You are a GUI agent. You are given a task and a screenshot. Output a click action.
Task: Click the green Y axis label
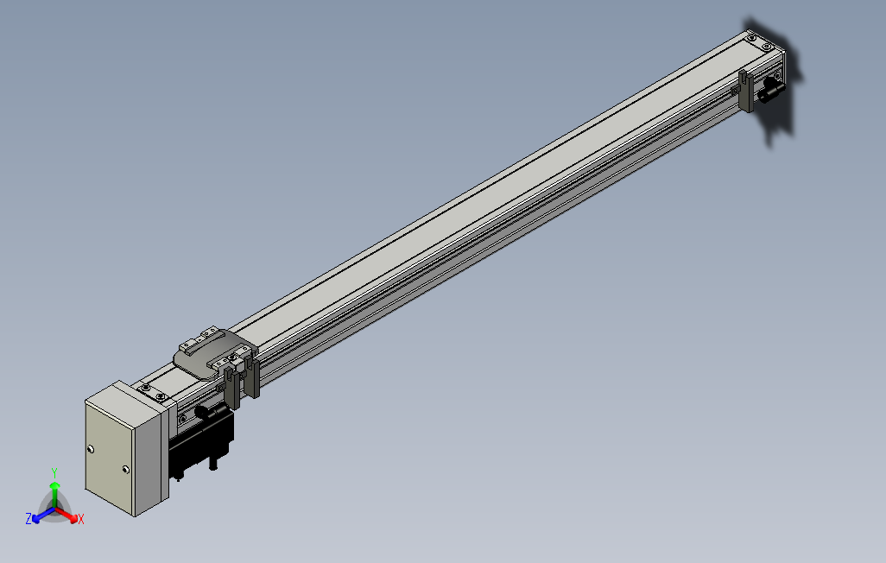(54, 472)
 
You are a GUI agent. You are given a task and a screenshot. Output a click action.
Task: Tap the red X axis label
(81, 519)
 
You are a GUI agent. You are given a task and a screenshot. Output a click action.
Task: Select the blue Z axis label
(28, 518)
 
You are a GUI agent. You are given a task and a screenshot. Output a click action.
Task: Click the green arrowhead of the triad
(54, 485)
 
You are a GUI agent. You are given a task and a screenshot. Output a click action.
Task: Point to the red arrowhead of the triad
(73, 518)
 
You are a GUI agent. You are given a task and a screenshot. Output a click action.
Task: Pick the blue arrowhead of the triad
(36, 518)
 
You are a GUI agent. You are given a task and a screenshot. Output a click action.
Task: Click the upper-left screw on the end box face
(91, 450)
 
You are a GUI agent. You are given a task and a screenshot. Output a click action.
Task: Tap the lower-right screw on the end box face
(125, 469)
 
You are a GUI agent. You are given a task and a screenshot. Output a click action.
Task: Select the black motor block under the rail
(201, 441)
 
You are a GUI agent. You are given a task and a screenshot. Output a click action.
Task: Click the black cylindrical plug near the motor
(210, 412)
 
